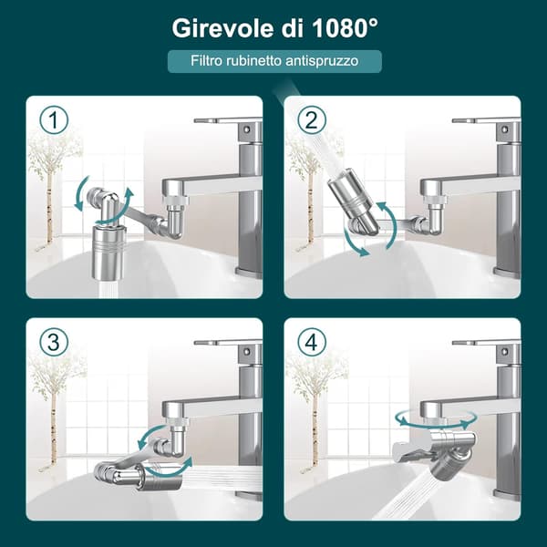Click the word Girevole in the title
click(222, 28)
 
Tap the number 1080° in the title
click(345, 28)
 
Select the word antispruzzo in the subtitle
click(322, 61)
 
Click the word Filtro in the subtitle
click(206, 60)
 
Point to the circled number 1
click(54, 119)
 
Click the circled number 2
click(311, 119)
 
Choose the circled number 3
click(54, 342)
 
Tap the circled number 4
click(311, 342)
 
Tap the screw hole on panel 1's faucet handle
click(247, 129)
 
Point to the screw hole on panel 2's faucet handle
click(504, 129)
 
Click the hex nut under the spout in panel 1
click(176, 201)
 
